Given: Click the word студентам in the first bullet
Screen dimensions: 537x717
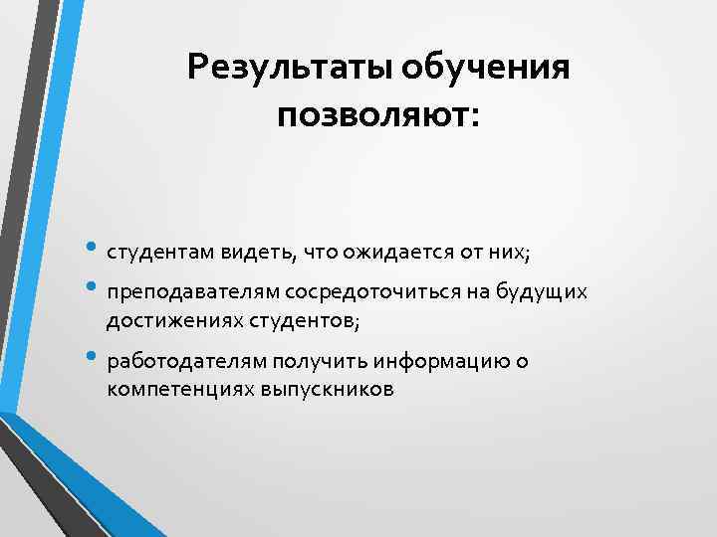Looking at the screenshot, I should coord(157,253).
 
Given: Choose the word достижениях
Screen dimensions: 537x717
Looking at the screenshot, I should coord(168,320).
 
